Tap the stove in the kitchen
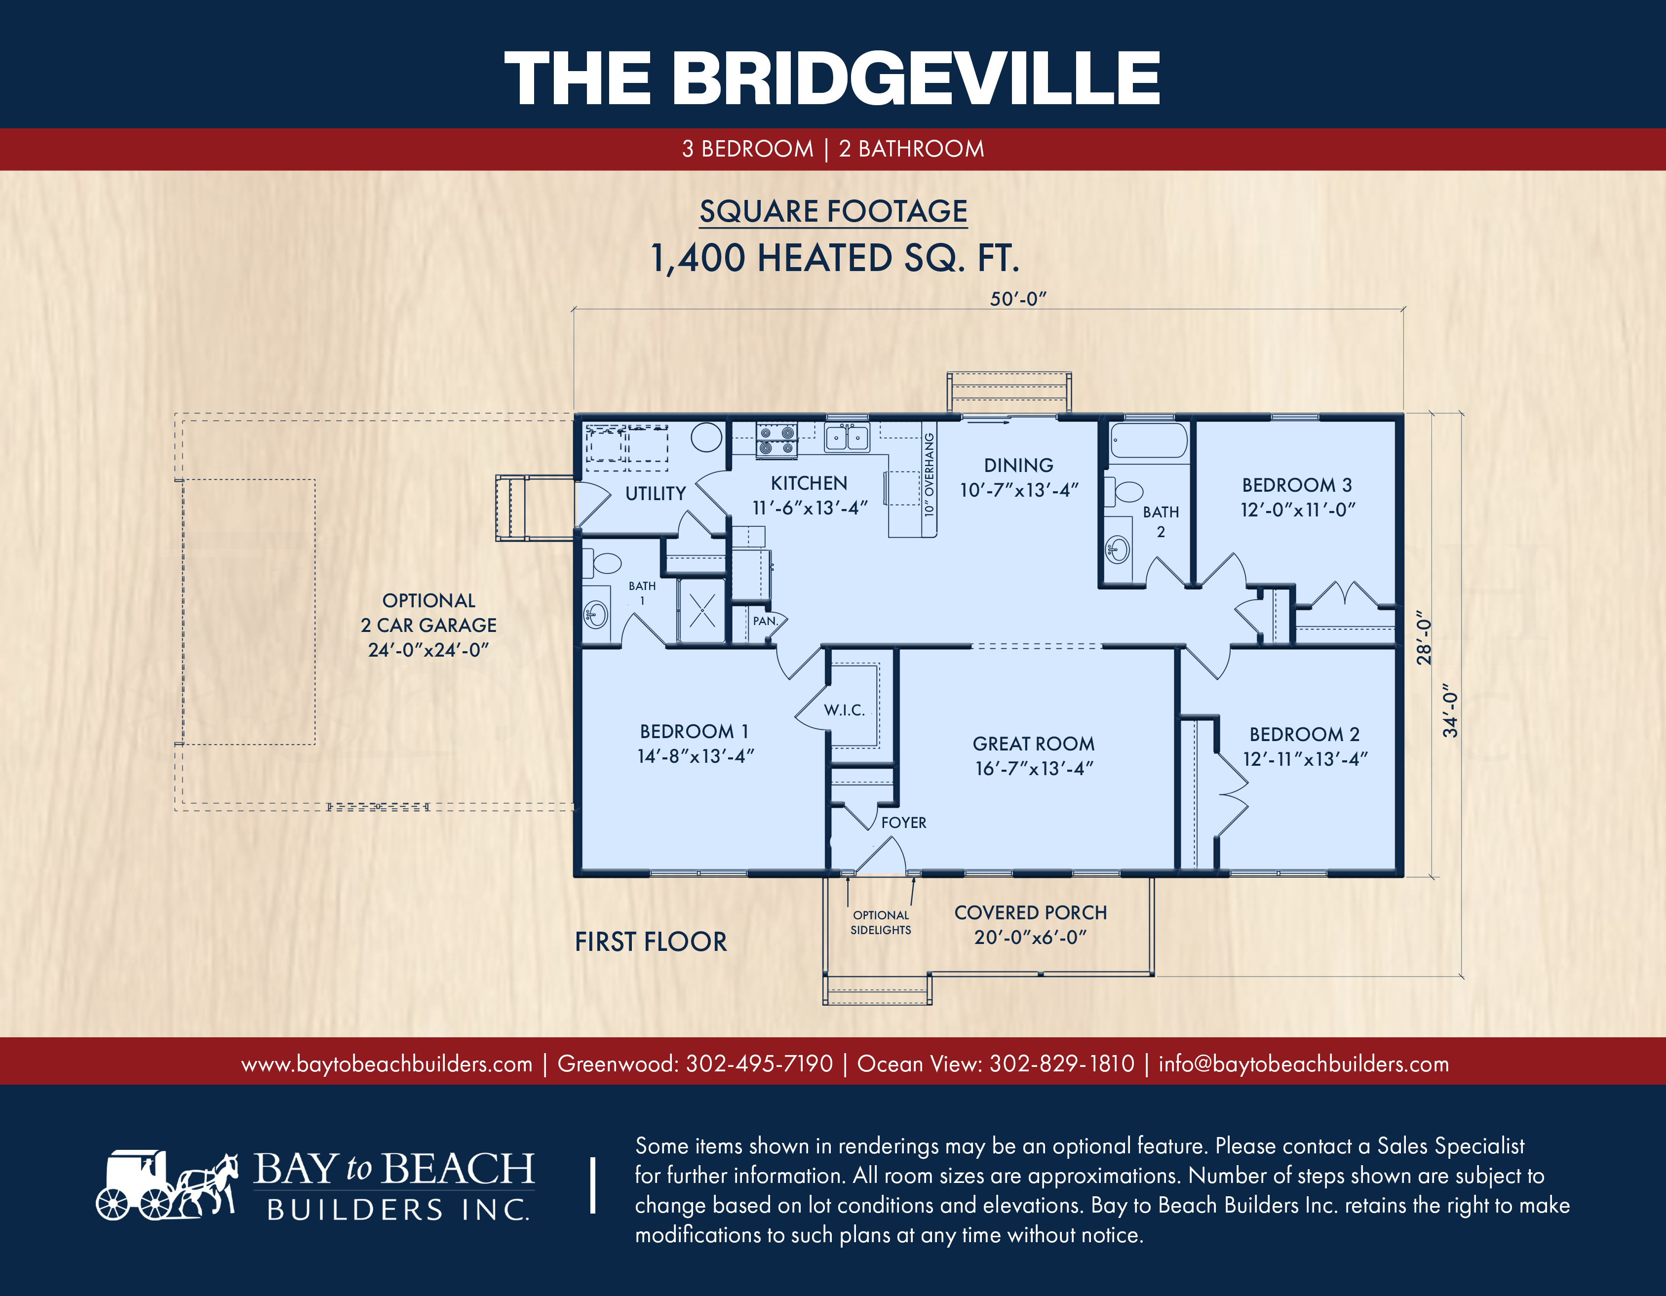point(776,441)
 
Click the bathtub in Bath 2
point(1149,441)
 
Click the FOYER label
point(904,823)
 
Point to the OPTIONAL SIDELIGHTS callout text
point(881,922)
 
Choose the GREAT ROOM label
point(1034,744)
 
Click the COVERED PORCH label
point(1031,912)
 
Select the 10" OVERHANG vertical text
point(929,474)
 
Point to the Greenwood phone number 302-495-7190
point(759,1063)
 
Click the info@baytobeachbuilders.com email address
point(1304,1063)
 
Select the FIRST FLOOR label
point(651,942)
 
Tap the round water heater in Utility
point(706,438)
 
